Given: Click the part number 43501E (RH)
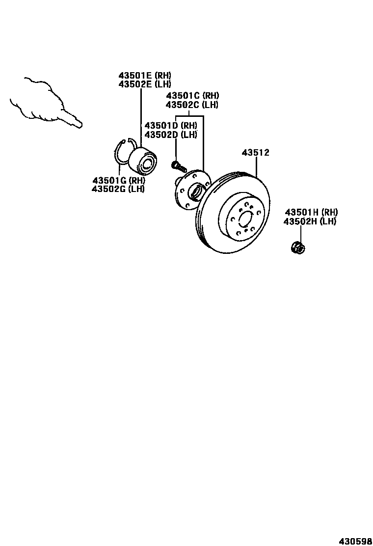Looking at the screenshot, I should tap(144, 76).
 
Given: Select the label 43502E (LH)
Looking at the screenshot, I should tap(144, 84).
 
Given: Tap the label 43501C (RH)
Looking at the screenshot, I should tap(192, 96).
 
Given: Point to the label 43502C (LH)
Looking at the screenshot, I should tap(192, 105).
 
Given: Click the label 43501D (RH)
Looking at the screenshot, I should tap(170, 126).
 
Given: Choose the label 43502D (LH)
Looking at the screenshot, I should tap(170, 135).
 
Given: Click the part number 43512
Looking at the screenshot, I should tap(255, 153).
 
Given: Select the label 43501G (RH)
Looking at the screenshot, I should tap(118, 180).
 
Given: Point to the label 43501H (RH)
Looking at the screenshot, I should tap(311, 212).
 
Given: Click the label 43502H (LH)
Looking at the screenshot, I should tap(311, 221).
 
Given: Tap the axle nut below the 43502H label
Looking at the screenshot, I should tap(297, 247).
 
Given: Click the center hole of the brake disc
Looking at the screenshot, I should tap(244, 218).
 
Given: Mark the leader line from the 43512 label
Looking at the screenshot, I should tap(256, 166).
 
